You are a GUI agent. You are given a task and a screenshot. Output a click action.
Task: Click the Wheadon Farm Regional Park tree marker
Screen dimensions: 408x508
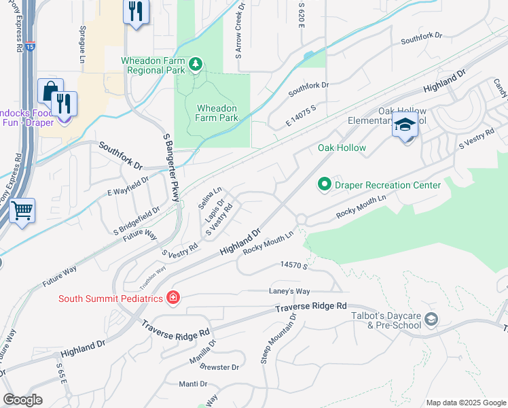tap(196, 65)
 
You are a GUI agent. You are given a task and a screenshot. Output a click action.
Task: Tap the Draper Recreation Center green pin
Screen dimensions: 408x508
tap(324, 185)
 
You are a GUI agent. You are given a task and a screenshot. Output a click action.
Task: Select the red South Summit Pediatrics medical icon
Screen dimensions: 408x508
tap(173, 298)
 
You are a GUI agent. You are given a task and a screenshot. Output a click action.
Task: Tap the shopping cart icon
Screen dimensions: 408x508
tap(22, 211)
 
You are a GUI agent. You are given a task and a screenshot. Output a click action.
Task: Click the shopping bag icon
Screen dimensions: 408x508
tap(50, 91)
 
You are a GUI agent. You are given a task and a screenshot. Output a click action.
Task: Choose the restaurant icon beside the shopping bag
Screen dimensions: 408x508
tap(65, 104)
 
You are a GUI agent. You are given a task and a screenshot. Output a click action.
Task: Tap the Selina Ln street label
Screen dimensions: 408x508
tap(211, 198)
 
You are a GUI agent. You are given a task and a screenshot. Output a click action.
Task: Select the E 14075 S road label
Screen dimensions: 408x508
tap(302, 116)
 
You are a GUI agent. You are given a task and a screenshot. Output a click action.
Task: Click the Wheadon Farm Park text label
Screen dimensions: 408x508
tap(217, 113)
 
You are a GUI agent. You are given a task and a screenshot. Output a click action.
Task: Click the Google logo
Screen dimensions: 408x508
tap(22, 400)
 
